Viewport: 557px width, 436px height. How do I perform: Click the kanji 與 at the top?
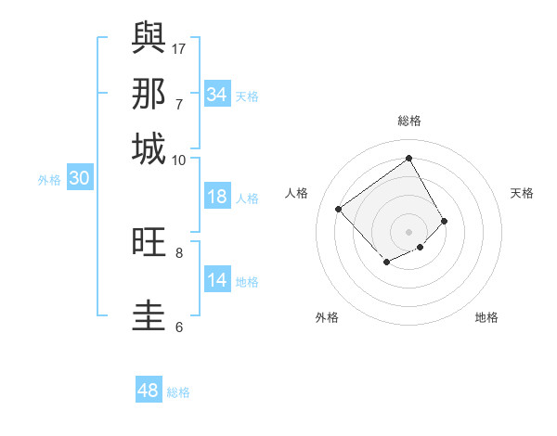(149, 37)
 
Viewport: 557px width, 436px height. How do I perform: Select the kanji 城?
(149, 148)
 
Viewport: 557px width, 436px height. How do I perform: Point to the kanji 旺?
(149, 243)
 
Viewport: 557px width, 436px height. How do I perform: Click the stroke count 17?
(179, 48)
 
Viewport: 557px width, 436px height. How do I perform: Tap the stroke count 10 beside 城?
(179, 160)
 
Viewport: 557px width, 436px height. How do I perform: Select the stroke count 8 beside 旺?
(179, 251)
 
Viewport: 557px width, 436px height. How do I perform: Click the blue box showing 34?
(216, 95)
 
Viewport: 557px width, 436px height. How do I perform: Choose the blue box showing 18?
(216, 197)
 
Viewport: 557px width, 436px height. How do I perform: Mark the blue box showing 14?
(216, 280)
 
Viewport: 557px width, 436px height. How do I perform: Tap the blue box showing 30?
(79, 179)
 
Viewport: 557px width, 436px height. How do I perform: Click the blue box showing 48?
(148, 391)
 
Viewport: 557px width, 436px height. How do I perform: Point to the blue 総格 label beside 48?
(178, 392)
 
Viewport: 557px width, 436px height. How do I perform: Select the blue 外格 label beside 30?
(48, 180)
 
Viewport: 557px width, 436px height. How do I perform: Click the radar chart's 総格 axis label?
(409, 121)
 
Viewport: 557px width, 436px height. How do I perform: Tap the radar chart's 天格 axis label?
(522, 193)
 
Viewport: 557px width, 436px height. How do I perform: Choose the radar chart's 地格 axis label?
(486, 317)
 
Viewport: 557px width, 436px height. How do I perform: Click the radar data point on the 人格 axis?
(339, 210)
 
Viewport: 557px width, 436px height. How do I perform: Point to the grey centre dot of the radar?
(409, 231)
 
